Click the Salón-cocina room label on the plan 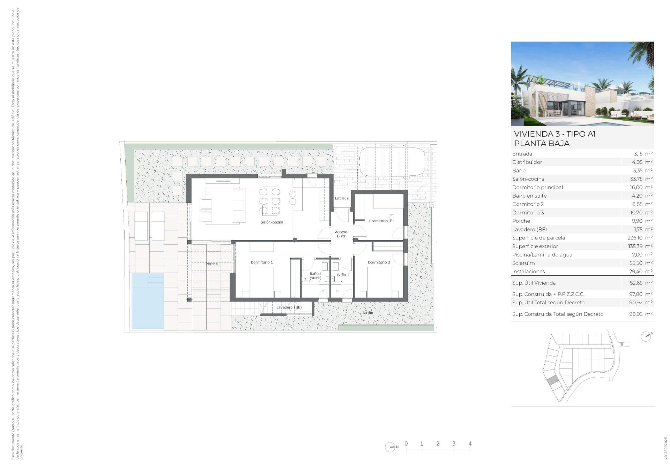point(271,222)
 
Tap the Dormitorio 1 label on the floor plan point(262,262)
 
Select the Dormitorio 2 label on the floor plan point(379,262)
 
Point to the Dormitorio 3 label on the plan point(380,221)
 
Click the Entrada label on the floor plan point(342,198)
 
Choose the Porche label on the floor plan point(211,264)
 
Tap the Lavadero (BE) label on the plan point(289,307)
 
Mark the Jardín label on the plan point(367,313)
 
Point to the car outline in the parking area point(392,162)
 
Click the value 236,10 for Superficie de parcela point(635,238)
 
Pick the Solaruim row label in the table point(523,263)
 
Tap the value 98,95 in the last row point(636,314)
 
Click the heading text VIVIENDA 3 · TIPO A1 point(554,134)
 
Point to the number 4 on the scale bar point(470,444)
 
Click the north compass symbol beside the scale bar point(390,447)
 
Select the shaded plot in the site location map point(551,381)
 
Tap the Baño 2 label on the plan point(343,275)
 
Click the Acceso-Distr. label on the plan point(341,234)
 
